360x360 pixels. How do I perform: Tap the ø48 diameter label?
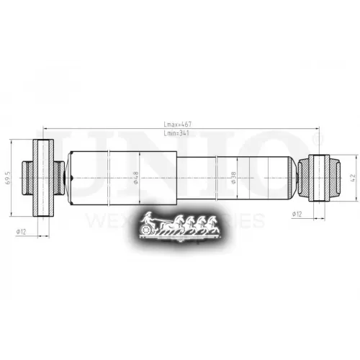click(136, 177)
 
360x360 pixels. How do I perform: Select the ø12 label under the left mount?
click(22, 230)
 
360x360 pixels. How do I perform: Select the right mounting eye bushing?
click(320, 177)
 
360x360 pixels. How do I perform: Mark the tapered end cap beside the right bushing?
click(301, 177)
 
